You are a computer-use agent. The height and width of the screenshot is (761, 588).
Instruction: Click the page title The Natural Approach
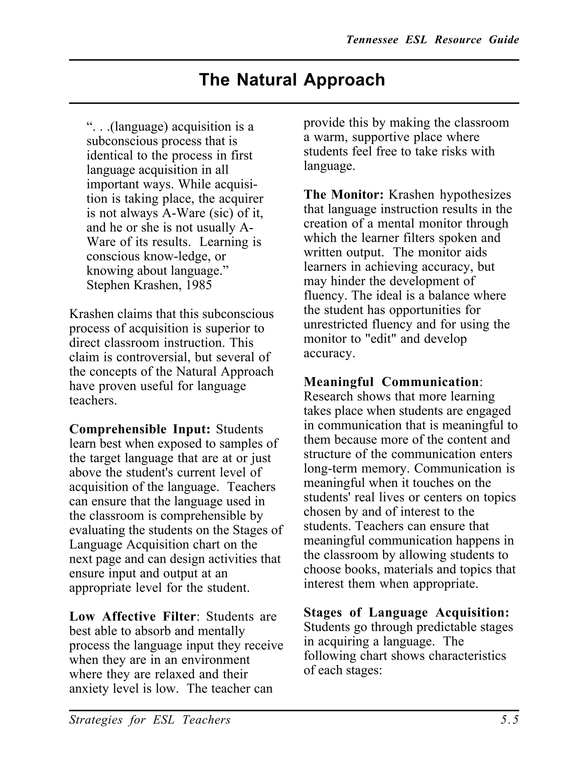click(x=292, y=80)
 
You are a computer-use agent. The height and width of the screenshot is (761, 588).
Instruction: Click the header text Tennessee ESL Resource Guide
click(x=432, y=40)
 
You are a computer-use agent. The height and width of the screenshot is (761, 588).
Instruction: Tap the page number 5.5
click(x=510, y=720)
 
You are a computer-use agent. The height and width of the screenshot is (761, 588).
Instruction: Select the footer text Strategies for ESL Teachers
click(x=150, y=720)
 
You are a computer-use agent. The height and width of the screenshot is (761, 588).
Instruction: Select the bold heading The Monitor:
click(x=343, y=194)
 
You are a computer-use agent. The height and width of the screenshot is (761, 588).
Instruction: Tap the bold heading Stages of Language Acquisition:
click(x=407, y=612)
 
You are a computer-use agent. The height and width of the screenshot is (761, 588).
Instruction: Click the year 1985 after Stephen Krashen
click(x=199, y=285)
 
